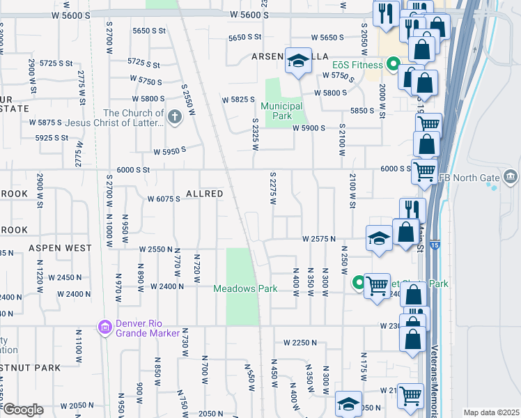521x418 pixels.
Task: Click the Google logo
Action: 22,410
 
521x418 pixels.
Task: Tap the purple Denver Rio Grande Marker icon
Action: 105,327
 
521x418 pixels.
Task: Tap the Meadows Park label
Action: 245,288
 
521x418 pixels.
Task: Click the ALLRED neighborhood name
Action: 204,193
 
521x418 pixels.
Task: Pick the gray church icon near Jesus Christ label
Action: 175,118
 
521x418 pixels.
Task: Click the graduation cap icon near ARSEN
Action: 298,62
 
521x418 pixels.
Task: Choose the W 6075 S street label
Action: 164,199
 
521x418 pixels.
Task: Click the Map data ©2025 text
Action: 491,412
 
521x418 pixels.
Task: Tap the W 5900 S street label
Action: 309,127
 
